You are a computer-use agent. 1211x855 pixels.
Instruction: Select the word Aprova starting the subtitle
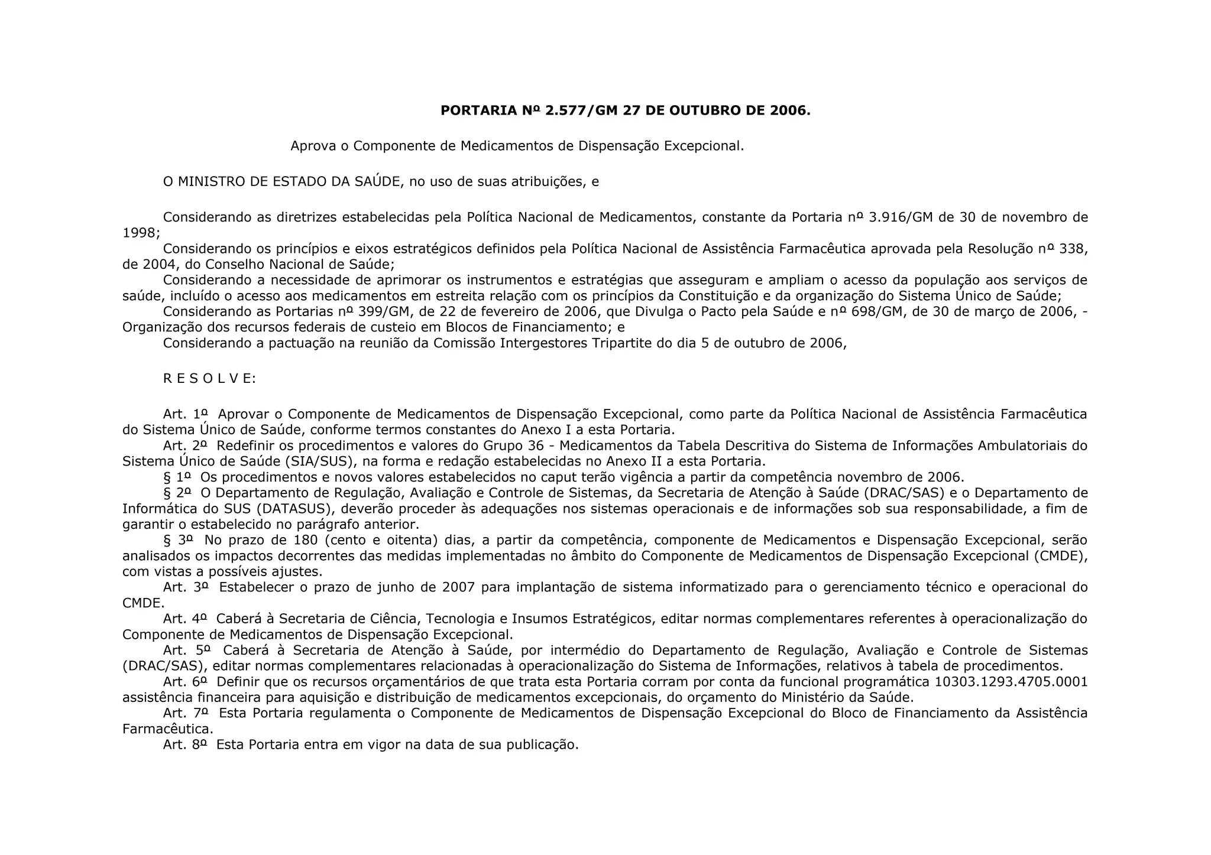[313, 146]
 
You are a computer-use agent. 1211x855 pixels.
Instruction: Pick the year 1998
[139, 233]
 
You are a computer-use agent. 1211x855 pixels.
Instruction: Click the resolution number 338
[1071, 249]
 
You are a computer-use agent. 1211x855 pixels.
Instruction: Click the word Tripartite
[623, 343]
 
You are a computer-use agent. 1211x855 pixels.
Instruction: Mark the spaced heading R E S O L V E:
[209, 379]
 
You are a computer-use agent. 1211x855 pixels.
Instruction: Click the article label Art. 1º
[186, 414]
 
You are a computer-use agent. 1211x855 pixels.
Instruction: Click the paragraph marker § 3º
[178, 540]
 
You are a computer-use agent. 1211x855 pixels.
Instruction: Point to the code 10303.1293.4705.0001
[1011, 682]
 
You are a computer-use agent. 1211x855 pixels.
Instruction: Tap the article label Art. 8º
[185, 745]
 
